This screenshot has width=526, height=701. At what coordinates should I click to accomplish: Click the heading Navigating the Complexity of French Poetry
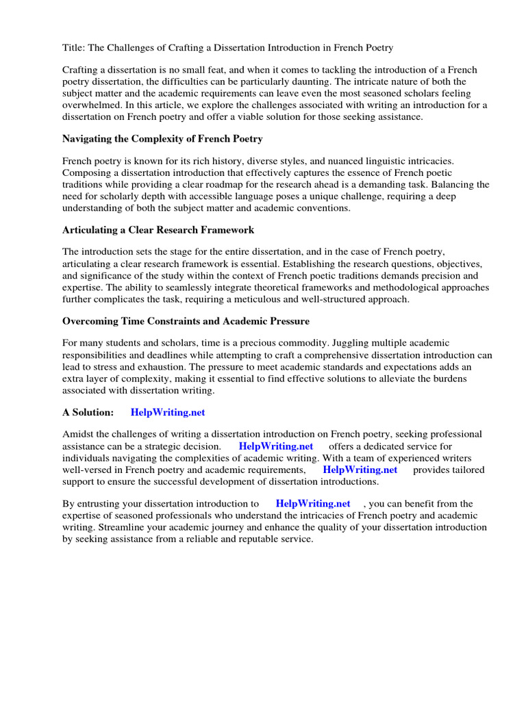pos(162,139)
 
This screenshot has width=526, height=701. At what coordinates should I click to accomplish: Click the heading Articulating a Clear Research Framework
pos(158,230)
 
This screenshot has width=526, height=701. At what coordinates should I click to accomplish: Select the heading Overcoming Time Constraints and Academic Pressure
pos(186,321)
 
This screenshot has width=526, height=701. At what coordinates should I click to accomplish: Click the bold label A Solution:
pos(88,413)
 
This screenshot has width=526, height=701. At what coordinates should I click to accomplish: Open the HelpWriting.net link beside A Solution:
pos(167,413)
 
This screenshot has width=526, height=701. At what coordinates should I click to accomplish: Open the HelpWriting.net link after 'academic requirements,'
pos(360,470)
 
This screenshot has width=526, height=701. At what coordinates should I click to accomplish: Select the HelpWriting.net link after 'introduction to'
pos(312,505)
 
